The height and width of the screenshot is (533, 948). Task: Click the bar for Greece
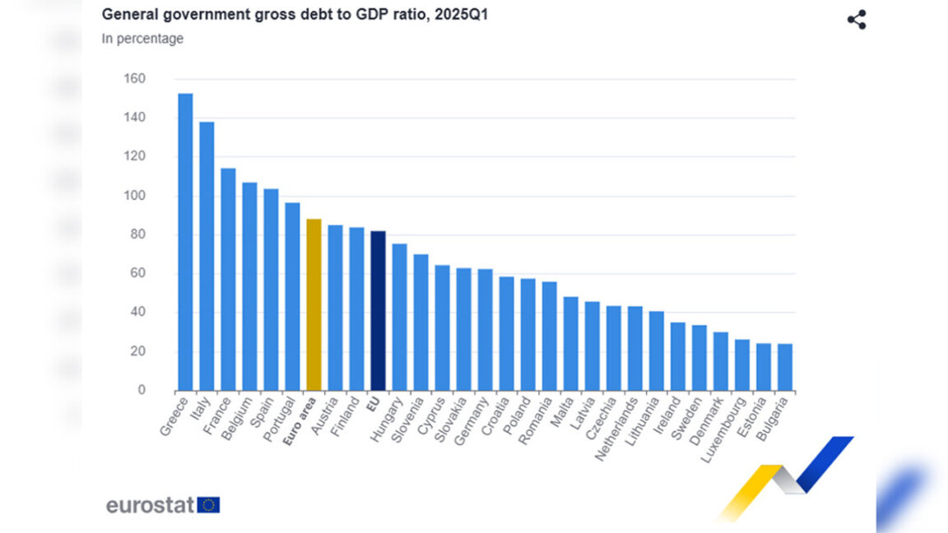click(x=185, y=242)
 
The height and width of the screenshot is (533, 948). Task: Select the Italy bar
click(x=207, y=256)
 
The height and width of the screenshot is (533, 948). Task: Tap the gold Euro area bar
click(x=314, y=304)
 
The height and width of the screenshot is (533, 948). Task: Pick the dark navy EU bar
click(x=378, y=311)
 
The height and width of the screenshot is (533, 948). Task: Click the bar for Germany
click(x=486, y=330)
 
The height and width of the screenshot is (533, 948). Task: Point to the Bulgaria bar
click(x=785, y=367)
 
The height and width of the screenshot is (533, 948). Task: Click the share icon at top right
click(x=857, y=20)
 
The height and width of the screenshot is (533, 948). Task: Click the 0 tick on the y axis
click(x=142, y=390)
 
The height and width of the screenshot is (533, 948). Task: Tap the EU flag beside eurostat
click(x=208, y=505)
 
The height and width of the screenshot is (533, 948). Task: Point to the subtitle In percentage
click(x=142, y=39)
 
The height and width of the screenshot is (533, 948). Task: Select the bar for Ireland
click(x=678, y=356)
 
